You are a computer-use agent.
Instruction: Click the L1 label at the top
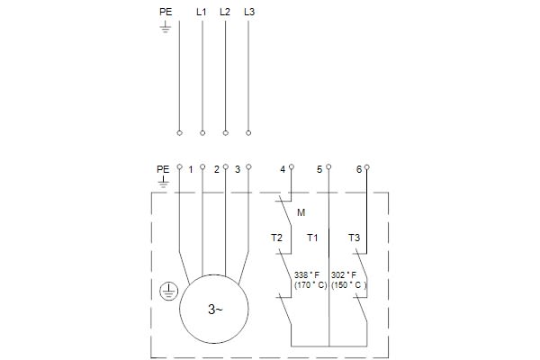(x=201, y=12)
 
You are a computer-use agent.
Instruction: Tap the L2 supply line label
(x=225, y=12)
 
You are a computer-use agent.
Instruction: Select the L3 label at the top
(x=249, y=12)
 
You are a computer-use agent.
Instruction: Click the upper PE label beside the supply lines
(x=166, y=12)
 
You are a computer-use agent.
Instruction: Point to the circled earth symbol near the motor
(x=168, y=291)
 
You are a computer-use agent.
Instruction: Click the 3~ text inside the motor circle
(x=215, y=310)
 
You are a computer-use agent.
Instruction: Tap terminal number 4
(x=283, y=169)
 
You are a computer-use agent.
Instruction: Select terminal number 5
(x=319, y=169)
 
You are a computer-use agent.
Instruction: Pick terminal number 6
(x=359, y=169)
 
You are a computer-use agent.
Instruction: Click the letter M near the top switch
(x=301, y=212)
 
